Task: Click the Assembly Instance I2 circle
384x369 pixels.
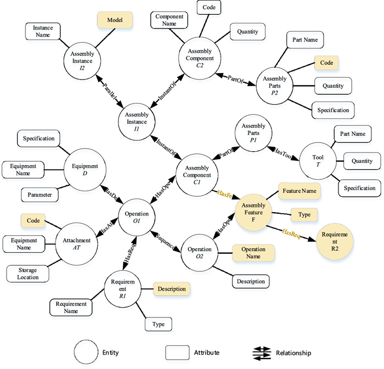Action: coord(82,58)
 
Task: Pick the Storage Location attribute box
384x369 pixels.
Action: coord(27,273)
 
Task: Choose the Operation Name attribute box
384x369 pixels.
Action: coord(253,253)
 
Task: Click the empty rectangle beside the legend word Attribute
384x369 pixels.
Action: coord(177,353)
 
